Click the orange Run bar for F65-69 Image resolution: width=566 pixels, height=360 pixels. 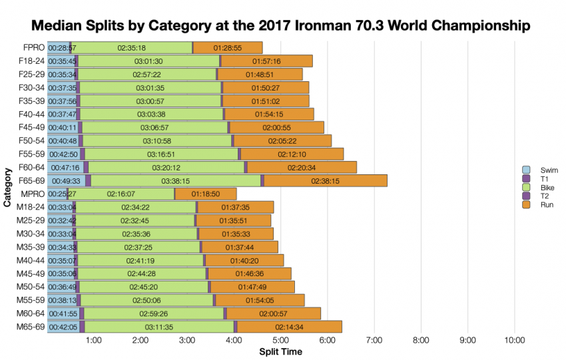click(325, 180)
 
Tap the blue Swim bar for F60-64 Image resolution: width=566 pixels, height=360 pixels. click(65, 167)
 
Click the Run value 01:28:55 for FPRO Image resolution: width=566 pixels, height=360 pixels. click(227, 48)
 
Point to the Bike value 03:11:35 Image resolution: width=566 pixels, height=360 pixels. click(159, 327)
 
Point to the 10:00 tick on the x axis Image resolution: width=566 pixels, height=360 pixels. click(515, 341)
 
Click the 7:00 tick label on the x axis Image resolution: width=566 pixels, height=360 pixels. click(374, 341)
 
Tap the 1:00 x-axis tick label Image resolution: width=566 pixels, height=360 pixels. click(94, 341)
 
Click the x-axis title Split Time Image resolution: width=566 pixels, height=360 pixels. click(280, 352)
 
